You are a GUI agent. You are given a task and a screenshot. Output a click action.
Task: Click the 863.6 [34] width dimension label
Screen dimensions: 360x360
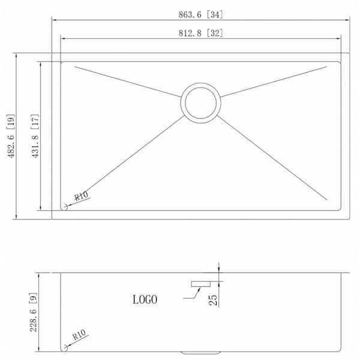(200, 14)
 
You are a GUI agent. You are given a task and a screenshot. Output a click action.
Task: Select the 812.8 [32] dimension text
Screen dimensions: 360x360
(200, 33)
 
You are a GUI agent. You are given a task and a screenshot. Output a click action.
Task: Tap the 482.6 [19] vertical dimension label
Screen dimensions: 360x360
(11, 136)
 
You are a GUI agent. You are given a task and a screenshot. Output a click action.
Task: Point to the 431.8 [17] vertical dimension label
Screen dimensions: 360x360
(35, 136)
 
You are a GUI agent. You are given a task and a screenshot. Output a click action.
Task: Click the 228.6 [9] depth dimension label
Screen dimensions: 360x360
(33, 312)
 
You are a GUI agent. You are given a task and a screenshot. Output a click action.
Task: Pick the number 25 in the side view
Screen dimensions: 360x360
(213, 300)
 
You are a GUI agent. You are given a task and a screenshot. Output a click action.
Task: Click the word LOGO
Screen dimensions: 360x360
(145, 299)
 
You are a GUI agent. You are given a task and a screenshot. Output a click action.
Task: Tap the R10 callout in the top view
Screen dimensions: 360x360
(81, 196)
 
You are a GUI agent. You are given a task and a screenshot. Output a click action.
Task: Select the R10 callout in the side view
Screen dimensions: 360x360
(79, 335)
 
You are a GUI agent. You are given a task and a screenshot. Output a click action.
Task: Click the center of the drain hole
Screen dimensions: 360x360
(200, 103)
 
